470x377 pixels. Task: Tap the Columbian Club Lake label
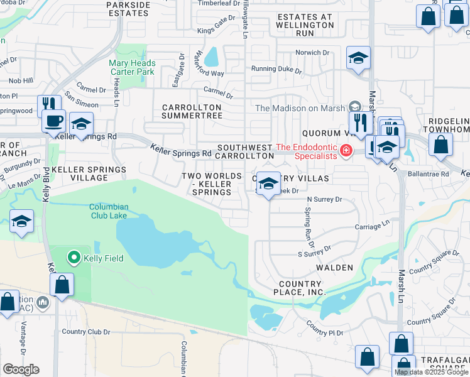click(108, 211)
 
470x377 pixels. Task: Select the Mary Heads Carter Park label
click(131, 67)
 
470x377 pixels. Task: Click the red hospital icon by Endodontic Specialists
click(345, 151)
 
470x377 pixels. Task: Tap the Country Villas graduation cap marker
click(268, 184)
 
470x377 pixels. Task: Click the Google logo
click(21, 369)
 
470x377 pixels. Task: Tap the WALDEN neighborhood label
click(334, 268)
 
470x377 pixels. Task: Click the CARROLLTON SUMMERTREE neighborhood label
click(192, 111)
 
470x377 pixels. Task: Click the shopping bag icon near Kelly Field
click(62, 285)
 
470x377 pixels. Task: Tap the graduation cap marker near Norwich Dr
click(359, 59)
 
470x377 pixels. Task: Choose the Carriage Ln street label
click(373, 222)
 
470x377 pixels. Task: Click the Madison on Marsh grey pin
click(354, 107)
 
